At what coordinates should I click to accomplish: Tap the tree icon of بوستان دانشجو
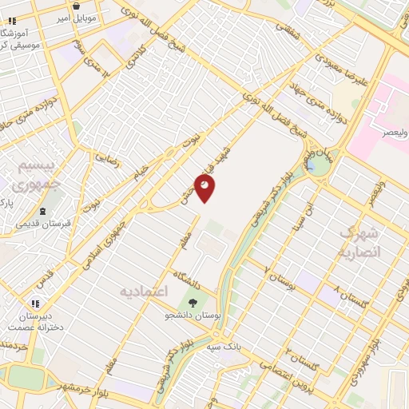coord(191,302)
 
